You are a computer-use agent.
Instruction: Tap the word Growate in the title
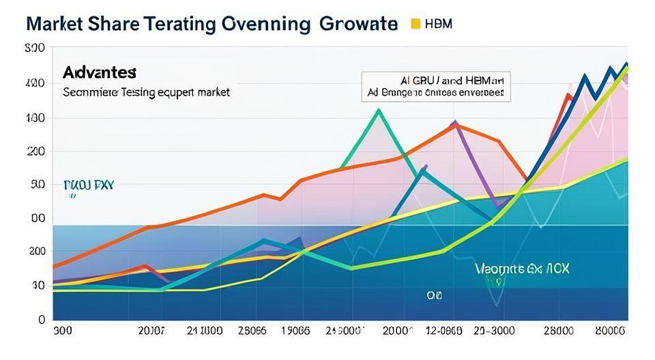point(358,23)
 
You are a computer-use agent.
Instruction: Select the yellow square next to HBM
point(415,24)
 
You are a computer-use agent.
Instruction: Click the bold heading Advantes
point(100,72)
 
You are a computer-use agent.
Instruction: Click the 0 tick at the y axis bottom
point(41,319)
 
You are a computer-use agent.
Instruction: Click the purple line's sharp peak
point(454,122)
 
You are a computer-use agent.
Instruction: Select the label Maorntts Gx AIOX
point(522,269)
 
